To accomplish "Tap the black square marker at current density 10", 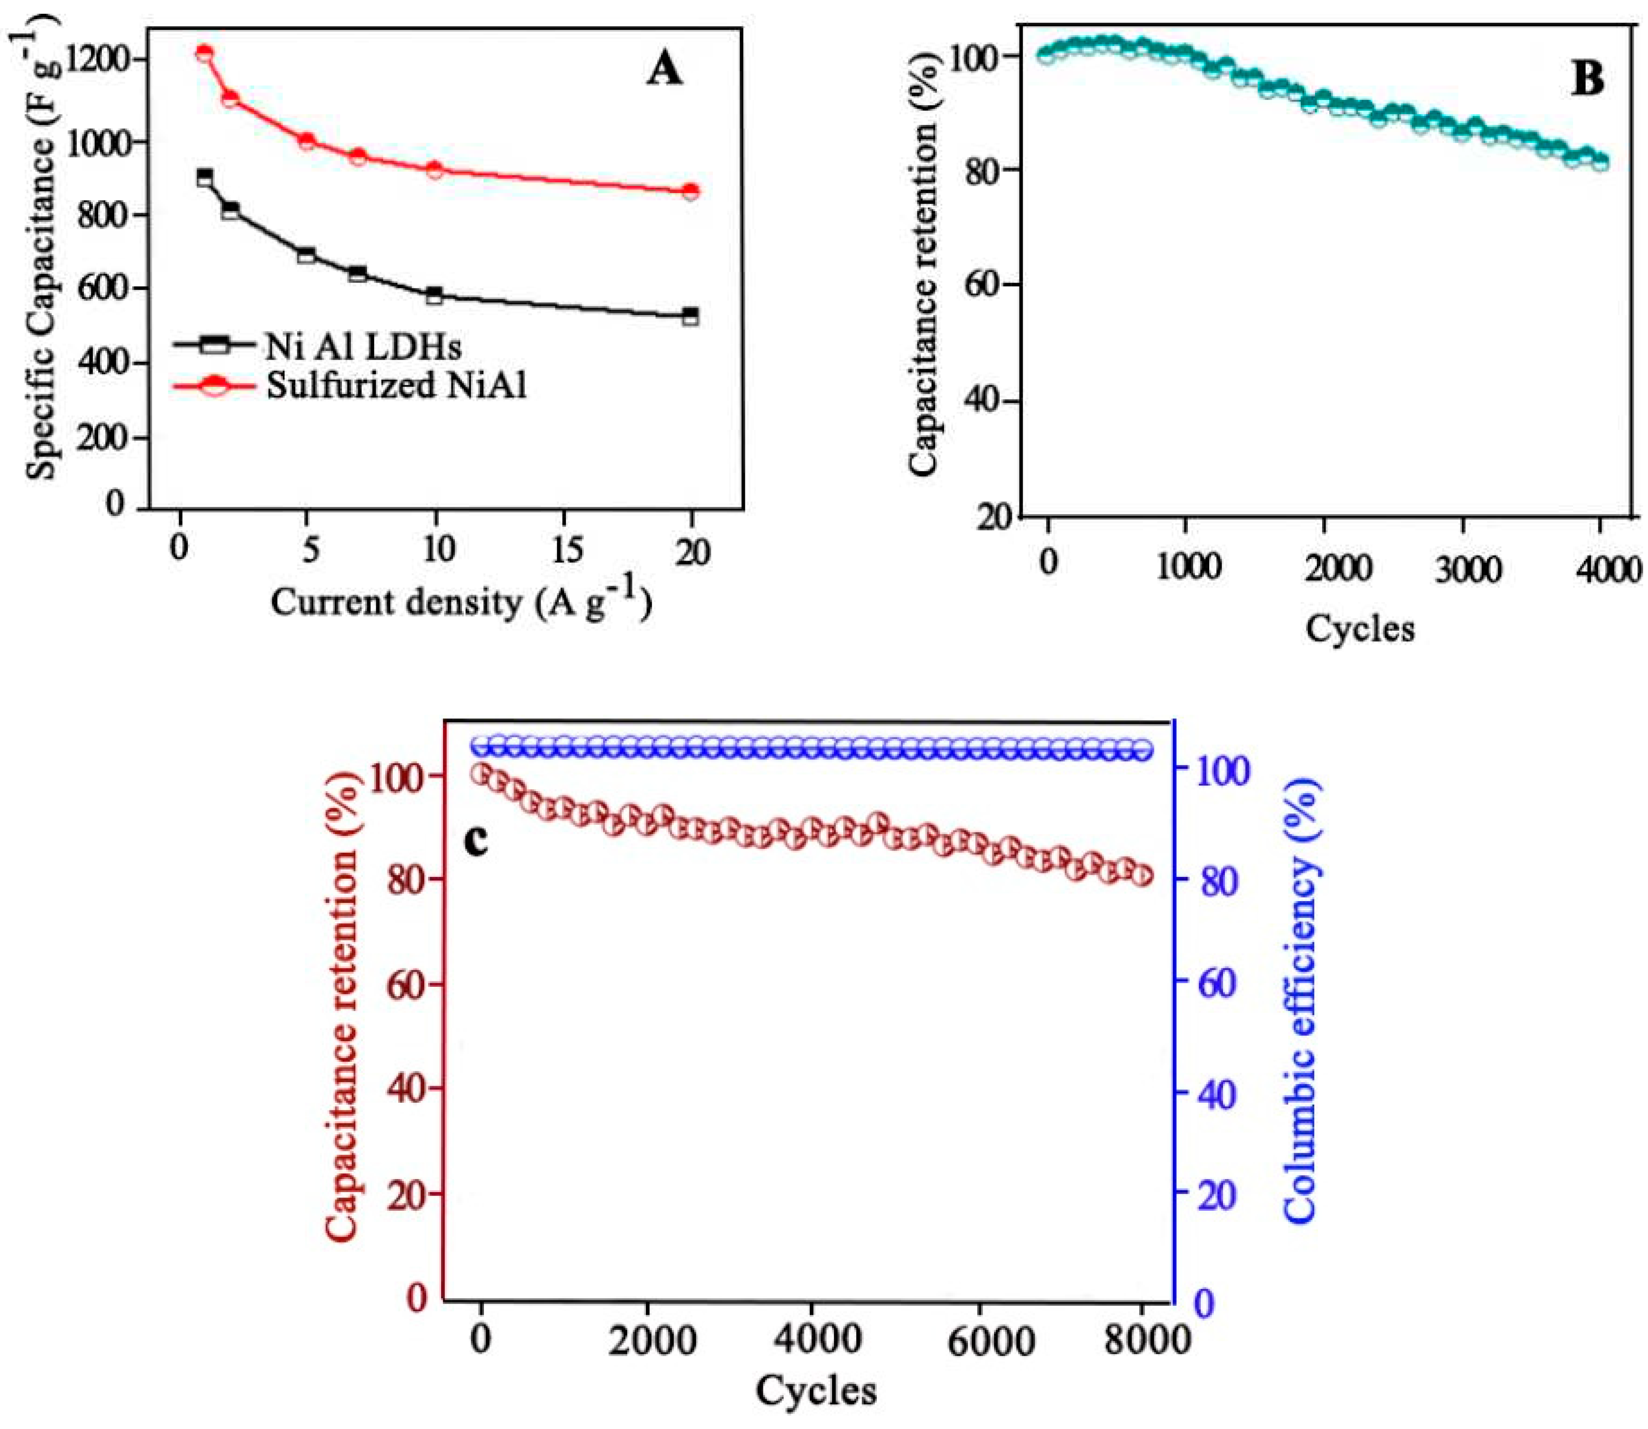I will click(435, 295).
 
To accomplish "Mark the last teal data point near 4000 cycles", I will click(1600, 162).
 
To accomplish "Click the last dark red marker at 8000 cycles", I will click(1142, 876).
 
